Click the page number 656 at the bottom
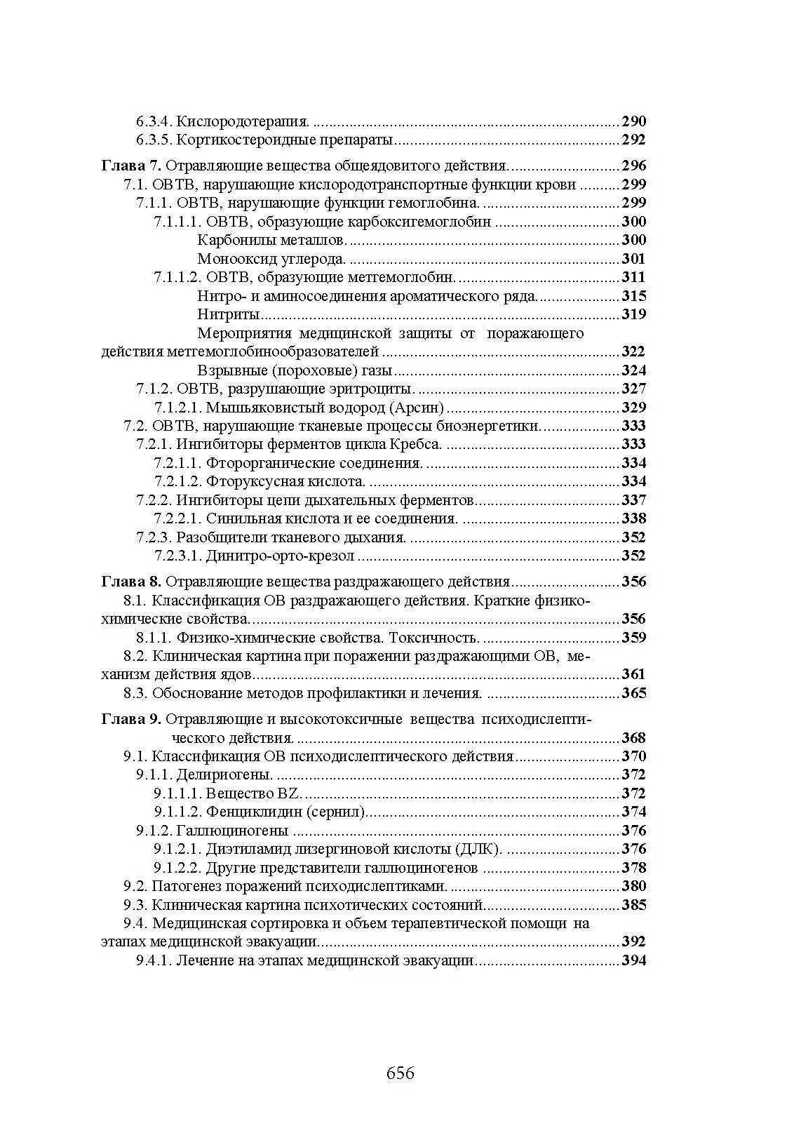400,1073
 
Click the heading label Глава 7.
132,166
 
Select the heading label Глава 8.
132,582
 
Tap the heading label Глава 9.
132,719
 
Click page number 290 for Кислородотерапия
633,121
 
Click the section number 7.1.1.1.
178,222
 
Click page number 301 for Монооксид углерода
633,259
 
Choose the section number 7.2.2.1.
178,518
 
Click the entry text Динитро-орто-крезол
280,556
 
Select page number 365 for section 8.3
633,693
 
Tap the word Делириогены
224,775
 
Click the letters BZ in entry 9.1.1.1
290,793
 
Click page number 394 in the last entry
633,960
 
